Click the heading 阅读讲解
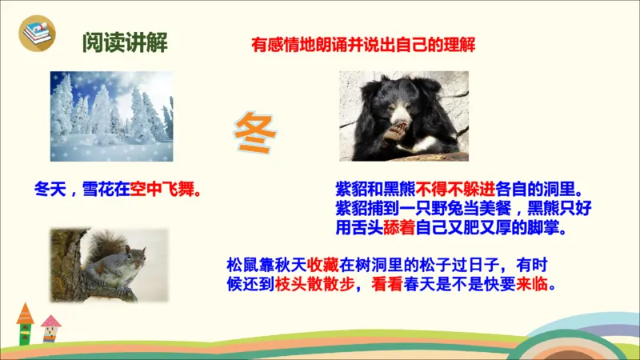pyautogui.click(x=125, y=42)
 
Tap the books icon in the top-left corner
pyautogui.click(x=35, y=34)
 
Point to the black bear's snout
pyautogui.click(x=400, y=122)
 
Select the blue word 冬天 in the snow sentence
pyautogui.click(x=50, y=191)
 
